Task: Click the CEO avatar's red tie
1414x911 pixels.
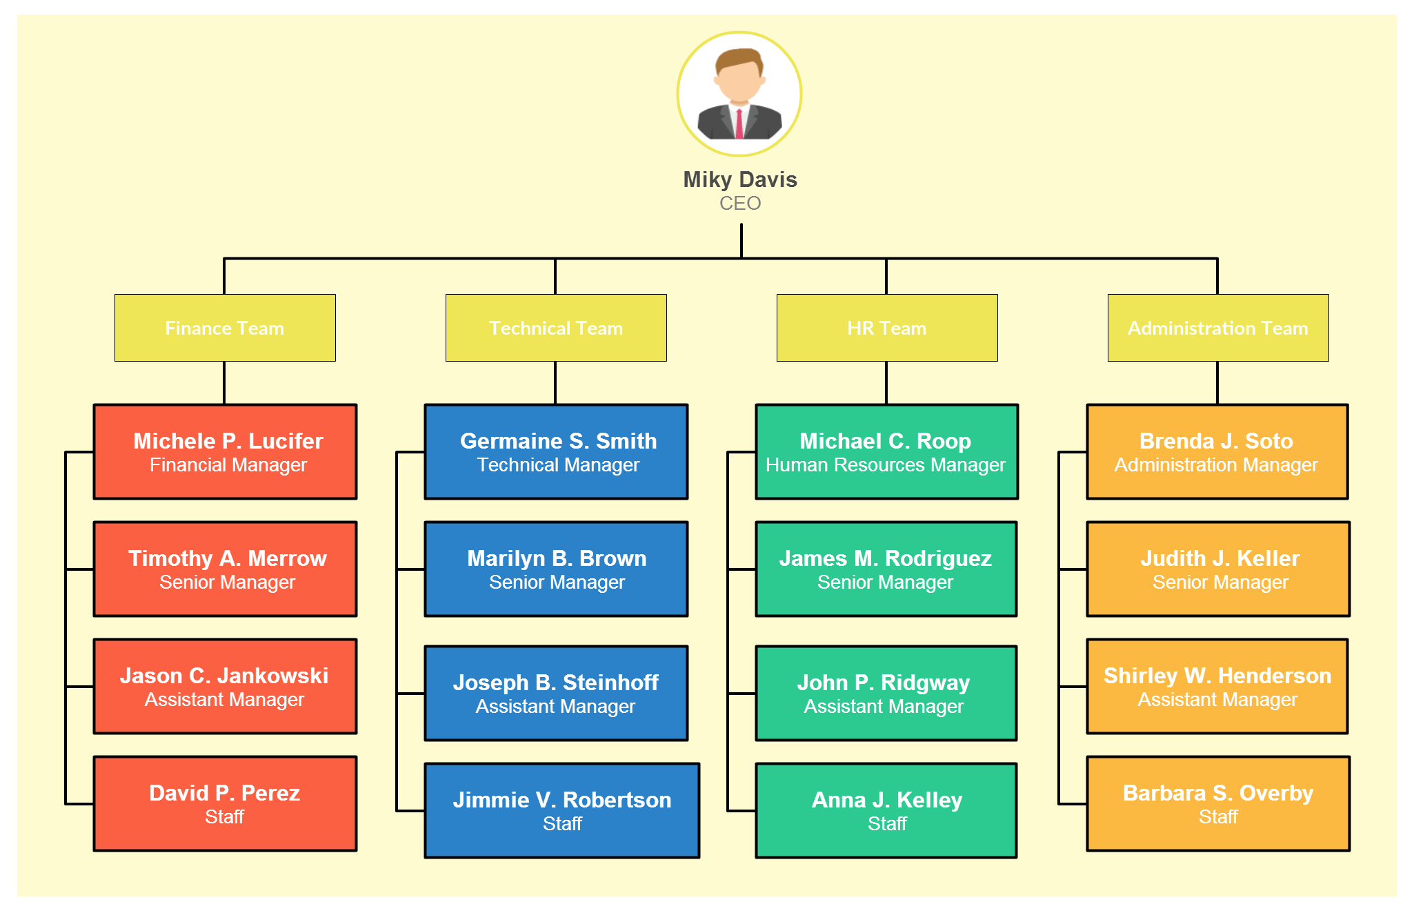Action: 739,124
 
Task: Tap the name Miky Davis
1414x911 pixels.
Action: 740,179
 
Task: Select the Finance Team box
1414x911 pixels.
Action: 225,328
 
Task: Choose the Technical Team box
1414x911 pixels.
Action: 556,328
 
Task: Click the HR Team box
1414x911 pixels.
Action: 887,328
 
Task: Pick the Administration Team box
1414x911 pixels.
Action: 1218,328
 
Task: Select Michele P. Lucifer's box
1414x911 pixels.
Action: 226,451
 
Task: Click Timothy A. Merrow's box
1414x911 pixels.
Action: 226,569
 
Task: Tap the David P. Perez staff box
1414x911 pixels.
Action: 226,803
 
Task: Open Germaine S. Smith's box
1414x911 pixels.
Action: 557,451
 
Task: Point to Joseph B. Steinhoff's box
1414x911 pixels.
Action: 557,693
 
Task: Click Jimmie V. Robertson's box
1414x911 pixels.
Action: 562,810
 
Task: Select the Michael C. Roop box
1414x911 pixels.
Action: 887,451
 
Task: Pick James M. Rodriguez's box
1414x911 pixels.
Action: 886,569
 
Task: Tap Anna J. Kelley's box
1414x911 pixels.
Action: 886,810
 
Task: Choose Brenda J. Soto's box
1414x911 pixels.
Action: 1217,451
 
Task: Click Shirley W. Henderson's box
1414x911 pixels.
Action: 1217,686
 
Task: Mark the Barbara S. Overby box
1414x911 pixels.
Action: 1218,803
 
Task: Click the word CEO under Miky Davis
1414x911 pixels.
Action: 740,204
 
